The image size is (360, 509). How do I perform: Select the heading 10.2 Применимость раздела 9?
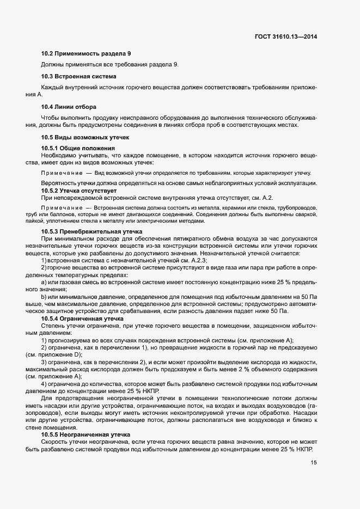tap(86, 54)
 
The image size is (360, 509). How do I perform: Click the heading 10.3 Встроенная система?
tap(79, 76)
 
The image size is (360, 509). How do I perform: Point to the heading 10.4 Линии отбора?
tap(69, 106)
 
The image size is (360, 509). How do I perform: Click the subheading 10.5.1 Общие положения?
tap(78, 149)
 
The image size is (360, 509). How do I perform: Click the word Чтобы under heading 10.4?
tap(51, 118)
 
